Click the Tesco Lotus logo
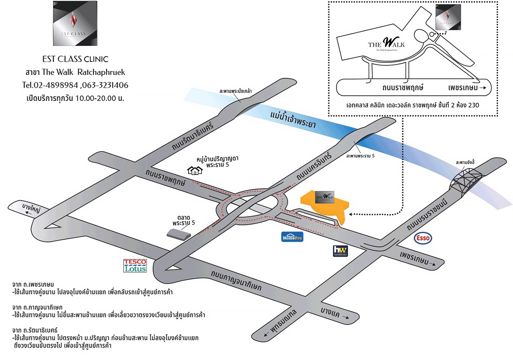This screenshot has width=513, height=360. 135,266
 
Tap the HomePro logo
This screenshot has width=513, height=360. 292,236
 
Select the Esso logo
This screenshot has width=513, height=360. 422,239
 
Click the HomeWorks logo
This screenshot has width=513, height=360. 340,251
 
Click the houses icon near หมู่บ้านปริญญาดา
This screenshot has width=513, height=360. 195,170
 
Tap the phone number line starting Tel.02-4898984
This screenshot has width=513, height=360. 75,85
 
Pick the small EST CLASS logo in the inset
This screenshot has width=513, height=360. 448,18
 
